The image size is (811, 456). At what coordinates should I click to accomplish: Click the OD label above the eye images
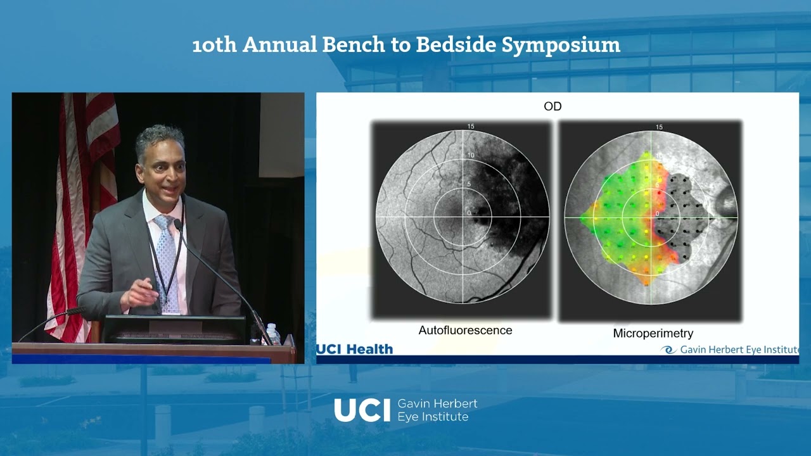pyautogui.click(x=552, y=106)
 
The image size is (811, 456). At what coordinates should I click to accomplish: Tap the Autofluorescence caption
pyautogui.click(x=465, y=331)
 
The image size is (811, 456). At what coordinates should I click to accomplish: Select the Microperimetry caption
pyautogui.click(x=653, y=333)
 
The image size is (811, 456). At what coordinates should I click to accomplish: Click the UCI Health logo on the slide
pyautogui.click(x=355, y=349)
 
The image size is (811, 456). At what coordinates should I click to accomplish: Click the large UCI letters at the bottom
pyautogui.click(x=362, y=410)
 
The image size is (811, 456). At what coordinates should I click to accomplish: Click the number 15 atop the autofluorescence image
pyautogui.click(x=471, y=127)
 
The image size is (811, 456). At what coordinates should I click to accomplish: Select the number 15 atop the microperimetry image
pyautogui.click(x=659, y=127)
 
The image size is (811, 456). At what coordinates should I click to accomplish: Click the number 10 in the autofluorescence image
pyautogui.click(x=471, y=155)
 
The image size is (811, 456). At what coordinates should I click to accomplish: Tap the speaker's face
pyautogui.click(x=162, y=165)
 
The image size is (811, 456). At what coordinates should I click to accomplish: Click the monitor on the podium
pyautogui.click(x=174, y=329)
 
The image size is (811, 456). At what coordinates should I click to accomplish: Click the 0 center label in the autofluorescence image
pyautogui.click(x=469, y=213)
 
